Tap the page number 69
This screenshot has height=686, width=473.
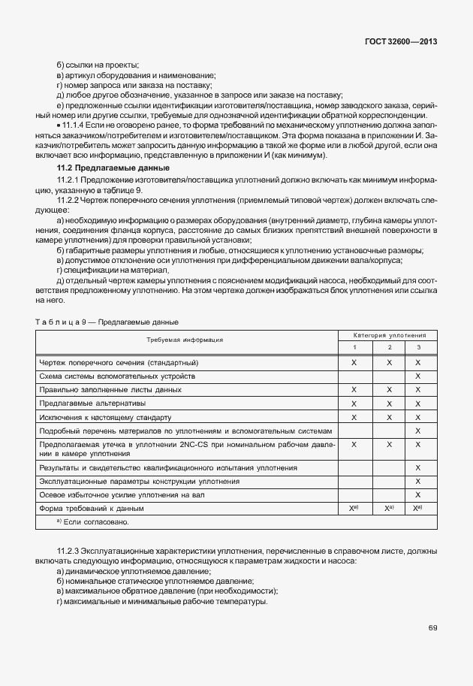click(432, 628)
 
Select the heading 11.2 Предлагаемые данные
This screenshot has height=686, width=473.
click(113, 167)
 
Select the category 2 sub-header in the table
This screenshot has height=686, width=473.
click(390, 347)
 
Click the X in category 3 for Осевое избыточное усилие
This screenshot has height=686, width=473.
click(417, 496)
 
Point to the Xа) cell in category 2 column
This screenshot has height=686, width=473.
click(390, 509)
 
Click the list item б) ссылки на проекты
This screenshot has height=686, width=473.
click(98, 65)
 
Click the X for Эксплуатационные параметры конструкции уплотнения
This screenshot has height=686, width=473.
click(417, 482)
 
